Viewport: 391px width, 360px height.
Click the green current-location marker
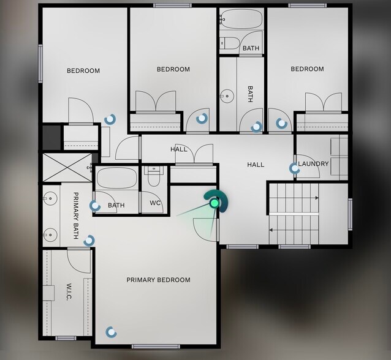tap(214, 203)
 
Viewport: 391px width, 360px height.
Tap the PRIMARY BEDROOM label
tap(158, 280)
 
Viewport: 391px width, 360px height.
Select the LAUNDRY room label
tap(314, 164)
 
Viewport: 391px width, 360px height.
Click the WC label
tap(156, 203)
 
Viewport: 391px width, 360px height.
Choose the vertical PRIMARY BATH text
tap(76, 214)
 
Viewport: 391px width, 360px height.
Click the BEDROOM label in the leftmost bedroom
tap(83, 71)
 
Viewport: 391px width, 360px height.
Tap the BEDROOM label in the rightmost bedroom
tap(307, 69)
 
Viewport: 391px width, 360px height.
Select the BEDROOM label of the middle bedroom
tap(173, 69)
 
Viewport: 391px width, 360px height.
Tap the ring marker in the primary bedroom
tap(110, 332)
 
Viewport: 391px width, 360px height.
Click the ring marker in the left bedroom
tap(110, 118)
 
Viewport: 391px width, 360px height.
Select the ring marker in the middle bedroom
tap(200, 118)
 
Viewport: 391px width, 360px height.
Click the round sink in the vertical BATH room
tap(228, 96)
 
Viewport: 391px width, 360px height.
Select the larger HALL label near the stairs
tap(256, 165)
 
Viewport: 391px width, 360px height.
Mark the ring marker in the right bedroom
tap(281, 123)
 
